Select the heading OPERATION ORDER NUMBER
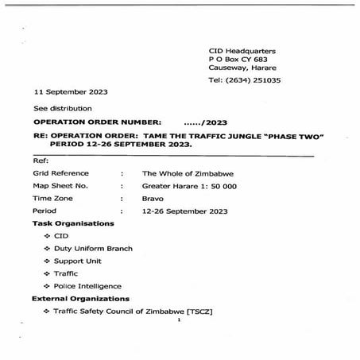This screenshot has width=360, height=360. [97, 122]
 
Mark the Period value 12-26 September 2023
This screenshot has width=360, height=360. [184, 211]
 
